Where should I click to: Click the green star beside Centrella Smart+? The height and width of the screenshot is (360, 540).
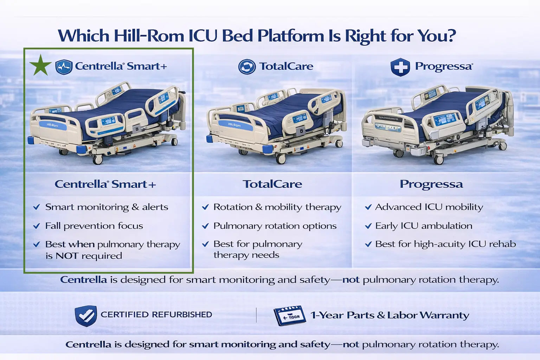(x=40, y=65)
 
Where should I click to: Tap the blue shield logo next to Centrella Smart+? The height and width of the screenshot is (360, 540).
(x=64, y=66)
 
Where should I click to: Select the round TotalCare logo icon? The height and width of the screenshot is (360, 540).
(x=247, y=66)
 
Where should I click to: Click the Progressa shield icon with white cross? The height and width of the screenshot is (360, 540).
(x=400, y=67)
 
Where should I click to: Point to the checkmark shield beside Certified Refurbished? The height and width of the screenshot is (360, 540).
(x=86, y=315)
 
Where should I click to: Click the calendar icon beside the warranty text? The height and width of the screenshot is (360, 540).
(x=289, y=315)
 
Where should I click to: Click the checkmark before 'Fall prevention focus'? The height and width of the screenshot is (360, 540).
(x=36, y=226)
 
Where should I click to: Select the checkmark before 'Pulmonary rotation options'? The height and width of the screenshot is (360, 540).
(x=205, y=226)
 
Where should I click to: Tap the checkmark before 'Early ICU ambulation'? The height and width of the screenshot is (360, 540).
(x=368, y=226)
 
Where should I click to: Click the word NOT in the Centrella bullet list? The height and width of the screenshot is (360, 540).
(x=67, y=256)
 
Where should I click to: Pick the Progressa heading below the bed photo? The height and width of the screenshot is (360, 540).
(x=431, y=184)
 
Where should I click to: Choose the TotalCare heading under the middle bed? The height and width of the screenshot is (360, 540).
(x=272, y=184)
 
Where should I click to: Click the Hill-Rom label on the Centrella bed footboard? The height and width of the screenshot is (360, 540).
(x=52, y=125)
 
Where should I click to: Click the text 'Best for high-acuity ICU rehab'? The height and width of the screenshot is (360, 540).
(x=445, y=244)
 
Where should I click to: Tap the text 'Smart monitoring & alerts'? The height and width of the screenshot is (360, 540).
(x=107, y=207)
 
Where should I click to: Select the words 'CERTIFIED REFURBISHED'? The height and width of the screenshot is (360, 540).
(x=156, y=315)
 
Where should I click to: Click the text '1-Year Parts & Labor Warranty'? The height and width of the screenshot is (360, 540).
(x=390, y=315)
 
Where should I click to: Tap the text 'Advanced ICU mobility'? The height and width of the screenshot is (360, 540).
(x=429, y=207)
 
